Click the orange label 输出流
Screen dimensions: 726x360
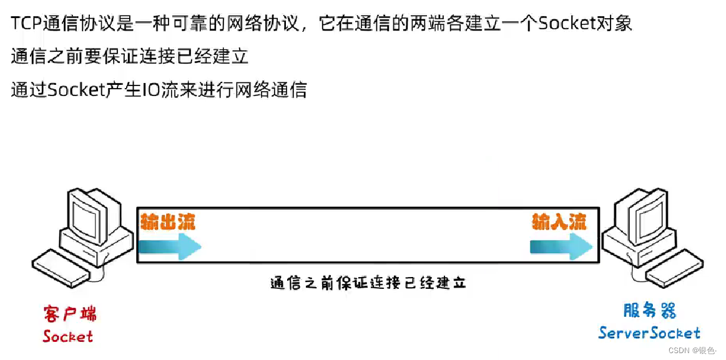167,222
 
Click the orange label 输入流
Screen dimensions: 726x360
559,222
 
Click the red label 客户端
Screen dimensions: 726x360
69,314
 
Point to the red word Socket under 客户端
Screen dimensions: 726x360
67,337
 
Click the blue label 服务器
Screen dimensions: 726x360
650,311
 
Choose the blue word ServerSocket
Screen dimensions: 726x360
649,333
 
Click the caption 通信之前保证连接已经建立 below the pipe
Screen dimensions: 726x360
368,283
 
